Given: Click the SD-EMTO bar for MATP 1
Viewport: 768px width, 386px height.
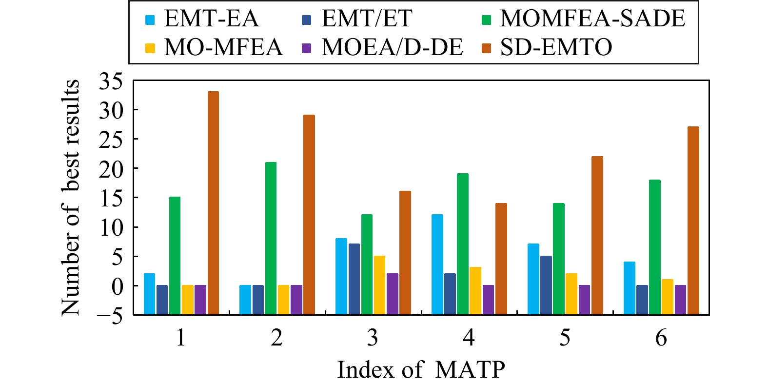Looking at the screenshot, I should click(x=213, y=203).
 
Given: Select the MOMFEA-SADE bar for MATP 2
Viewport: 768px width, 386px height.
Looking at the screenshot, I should click(x=271, y=238).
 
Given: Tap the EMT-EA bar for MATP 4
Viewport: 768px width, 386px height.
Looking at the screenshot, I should click(x=437, y=264).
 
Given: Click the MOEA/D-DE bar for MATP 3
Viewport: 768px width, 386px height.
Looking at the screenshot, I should click(x=393, y=293).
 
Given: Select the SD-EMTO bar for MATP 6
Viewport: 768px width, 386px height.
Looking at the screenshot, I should click(x=693, y=220).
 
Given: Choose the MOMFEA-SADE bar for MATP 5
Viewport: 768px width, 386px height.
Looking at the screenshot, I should click(x=558, y=259).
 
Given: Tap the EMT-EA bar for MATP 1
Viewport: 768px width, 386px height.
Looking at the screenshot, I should click(x=149, y=293).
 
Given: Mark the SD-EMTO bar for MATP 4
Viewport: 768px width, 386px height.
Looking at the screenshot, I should click(x=501, y=258).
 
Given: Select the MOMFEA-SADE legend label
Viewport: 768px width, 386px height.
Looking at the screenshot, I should click(x=592, y=19).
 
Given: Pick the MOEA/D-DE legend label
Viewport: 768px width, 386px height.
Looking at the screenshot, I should click(x=392, y=47).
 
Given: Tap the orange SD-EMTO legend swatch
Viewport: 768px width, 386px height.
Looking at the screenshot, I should click(x=487, y=48).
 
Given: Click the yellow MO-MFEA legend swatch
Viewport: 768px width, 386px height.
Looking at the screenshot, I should click(x=150, y=48).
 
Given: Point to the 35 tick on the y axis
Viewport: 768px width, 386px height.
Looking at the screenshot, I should click(x=111, y=81).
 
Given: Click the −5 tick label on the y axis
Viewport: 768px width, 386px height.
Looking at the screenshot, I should click(x=111, y=315).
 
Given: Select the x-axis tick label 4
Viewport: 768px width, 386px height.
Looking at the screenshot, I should click(x=469, y=338).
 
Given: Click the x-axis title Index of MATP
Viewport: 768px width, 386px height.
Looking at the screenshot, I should click(x=421, y=369).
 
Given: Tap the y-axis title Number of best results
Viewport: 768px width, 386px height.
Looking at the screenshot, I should click(x=71, y=197).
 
